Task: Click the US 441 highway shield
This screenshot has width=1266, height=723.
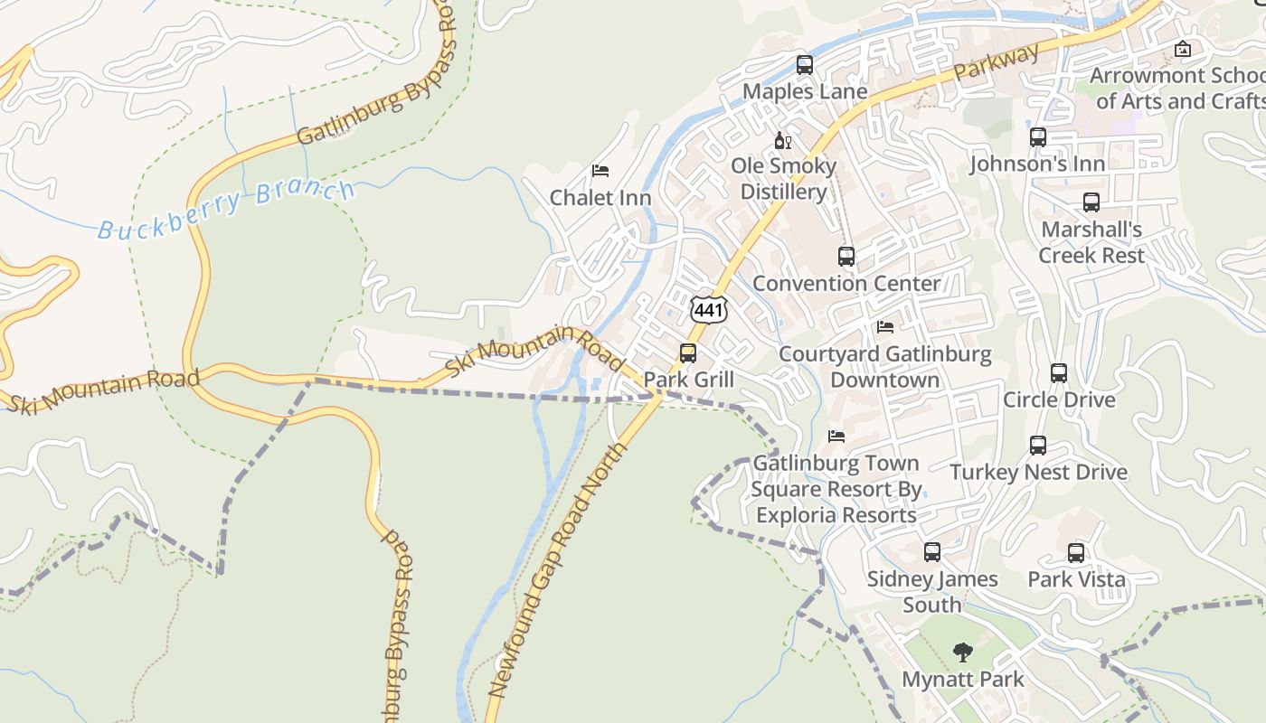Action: tap(708, 310)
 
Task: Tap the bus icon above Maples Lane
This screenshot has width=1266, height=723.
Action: tap(804, 65)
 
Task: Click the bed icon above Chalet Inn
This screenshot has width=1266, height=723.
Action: tap(600, 171)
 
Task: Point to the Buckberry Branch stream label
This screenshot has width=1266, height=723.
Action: tap(226, 209)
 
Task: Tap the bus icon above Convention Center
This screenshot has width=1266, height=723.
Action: tap(846, 257)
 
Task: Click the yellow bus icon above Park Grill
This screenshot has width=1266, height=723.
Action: tap(688, 352)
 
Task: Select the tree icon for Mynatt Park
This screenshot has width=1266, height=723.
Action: tap(962, 652)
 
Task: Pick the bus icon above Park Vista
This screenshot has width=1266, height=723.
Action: tap(1075, 552)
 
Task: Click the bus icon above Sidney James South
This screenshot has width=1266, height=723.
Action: tap(931, 551)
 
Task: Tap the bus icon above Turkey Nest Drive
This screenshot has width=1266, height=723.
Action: tap(1037, 446)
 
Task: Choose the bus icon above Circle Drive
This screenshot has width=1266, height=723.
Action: tap(1058, 372)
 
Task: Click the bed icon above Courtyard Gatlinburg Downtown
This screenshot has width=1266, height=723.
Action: tap(884, 327)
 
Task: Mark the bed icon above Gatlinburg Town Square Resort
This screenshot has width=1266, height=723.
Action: tap(836, 437)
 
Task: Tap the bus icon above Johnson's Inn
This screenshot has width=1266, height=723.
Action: tap(1037, 137)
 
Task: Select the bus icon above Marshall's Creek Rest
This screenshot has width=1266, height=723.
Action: tap(1091, 202)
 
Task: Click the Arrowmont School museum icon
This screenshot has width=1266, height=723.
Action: tap(1182, 49)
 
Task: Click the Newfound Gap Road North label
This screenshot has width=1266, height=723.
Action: tap(557, 569)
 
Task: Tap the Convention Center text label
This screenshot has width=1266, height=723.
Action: tap(846, 284)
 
